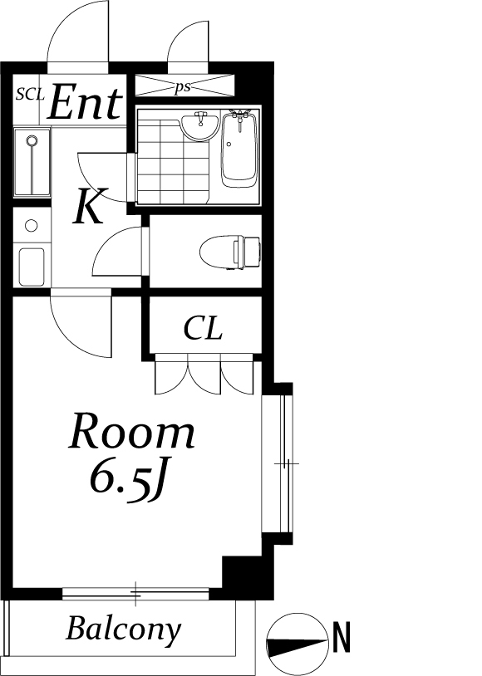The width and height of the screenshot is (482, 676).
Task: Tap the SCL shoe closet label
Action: [30, 95]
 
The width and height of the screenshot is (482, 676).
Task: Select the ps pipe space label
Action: [183, 87]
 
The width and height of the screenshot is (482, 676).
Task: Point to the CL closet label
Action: [203, 329]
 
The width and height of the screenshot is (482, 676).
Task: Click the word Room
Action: [131, 431]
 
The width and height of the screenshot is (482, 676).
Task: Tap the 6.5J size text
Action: [128, 478]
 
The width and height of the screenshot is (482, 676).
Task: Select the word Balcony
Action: [124, 629]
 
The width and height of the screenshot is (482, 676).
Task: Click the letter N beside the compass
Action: [342, 637]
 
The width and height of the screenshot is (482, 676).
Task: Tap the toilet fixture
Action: [230, 252]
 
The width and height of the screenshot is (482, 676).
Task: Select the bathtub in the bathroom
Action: [239, 149]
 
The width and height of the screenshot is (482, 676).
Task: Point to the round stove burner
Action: [31, 225]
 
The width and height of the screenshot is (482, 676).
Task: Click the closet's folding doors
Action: [204, 374]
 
